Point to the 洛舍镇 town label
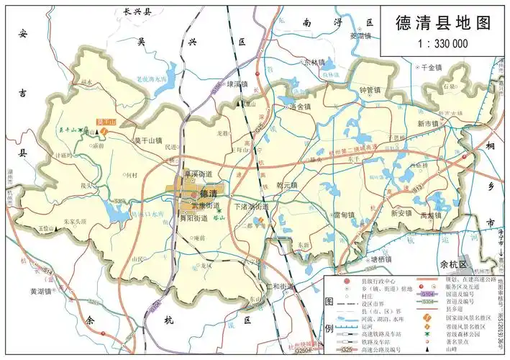299,107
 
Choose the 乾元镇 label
287,185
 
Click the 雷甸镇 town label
344,215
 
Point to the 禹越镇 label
430,215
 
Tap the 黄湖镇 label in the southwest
42,292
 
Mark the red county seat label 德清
207,194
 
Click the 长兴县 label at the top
138,12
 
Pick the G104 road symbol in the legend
427,294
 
